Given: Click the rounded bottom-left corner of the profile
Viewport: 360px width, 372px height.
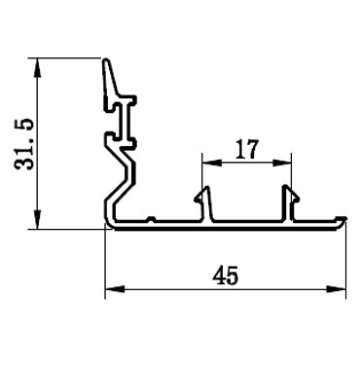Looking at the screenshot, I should tap(110, 226).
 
